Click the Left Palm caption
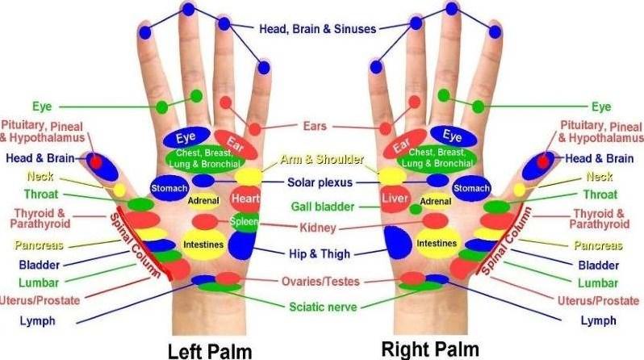click(210, 350)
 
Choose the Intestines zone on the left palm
click(203, 242)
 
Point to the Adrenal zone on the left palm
click(204, 200)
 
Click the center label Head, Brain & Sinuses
click(317, 29)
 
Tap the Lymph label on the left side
click(38, 321)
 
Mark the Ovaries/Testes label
click(320, 282)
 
